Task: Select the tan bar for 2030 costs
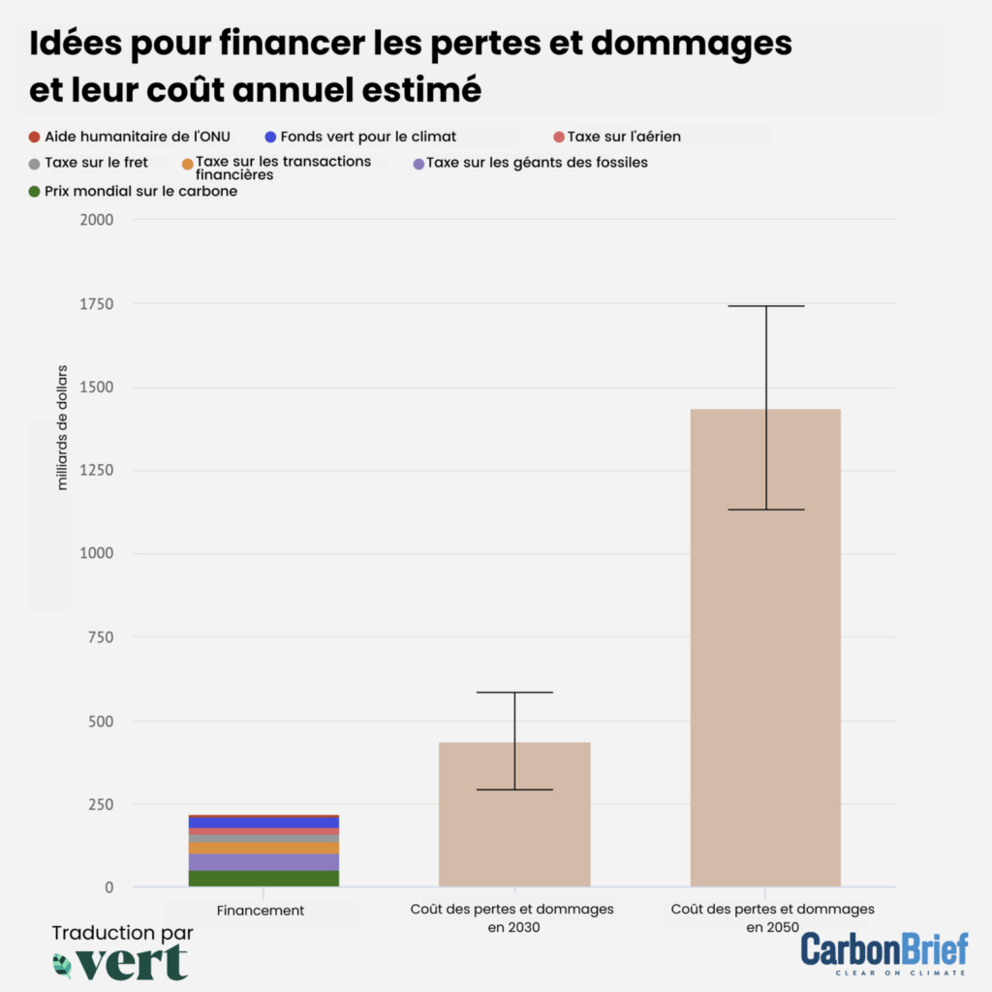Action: (x=514, y=814)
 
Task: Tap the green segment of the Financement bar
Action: (x=263, y=879)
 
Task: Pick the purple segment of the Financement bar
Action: (x=263, y=862)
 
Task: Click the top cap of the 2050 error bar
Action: (x=766, y=306)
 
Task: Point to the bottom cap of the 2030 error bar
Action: (x=514, y=790)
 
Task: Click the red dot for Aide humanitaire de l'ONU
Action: (x=35, y=138)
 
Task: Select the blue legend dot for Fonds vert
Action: (x=270, y=138)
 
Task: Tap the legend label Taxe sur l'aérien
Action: (x=624, y=137)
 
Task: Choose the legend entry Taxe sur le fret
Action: (x=96, y=163)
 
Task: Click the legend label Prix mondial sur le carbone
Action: (x=140, y=192)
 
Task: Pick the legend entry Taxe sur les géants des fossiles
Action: (x=537, y=163)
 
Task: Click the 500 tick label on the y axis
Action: (x=100, y=722)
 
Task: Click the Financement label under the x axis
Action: (x=261, y=911)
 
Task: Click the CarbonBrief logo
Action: (x=883, y=951)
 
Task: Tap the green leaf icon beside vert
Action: (x=63, y=964)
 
